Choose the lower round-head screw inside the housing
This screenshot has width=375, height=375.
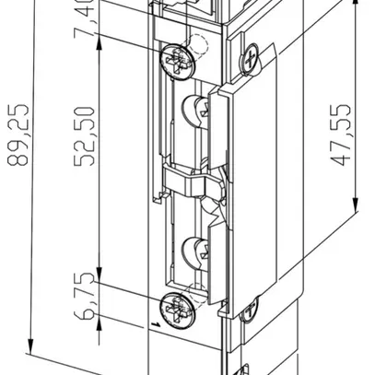196,249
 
